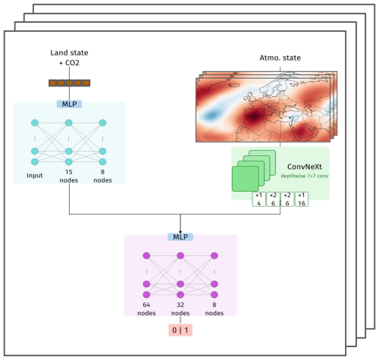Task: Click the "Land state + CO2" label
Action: (x=69, y=58)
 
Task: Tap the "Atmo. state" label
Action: (x=280, y=58)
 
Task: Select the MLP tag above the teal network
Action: (x=69, y=104)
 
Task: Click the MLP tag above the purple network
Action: (x=180, y=237)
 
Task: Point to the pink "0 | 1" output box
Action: (x=180, y=330)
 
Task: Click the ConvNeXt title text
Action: (x=305, y=167)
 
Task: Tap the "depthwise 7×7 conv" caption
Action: (x=305, y=176)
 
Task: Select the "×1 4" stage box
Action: (x=258, y=199)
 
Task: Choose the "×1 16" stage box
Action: (x=302, y=199)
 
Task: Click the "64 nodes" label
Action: (x=146, y=308)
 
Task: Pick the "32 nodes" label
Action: (x=180, y=308)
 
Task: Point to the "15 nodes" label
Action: (x=69, y=176)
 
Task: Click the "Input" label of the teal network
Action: (x=35, y=175)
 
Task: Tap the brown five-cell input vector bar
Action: (x=69, y=83)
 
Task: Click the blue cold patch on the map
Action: (x=211, y=115)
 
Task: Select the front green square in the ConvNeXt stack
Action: (x=245, y=179)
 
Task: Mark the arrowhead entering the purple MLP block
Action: (x=180, y=232)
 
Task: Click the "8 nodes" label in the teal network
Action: (x=102, y=176)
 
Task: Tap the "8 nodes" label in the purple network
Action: (x=215, y=308)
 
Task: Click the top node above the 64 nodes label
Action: (x=146, y=255)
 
